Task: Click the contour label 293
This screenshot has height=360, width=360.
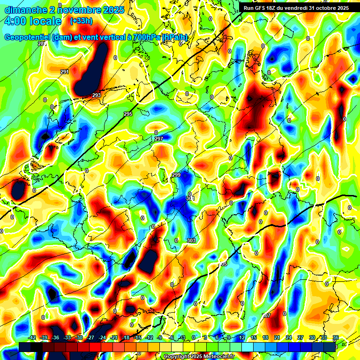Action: (x=97, y=95)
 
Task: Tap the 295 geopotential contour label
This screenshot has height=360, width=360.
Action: (x=128, y=114)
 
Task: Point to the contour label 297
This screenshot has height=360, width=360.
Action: (x=158, y=139)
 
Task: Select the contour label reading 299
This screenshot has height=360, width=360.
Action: (x=176, y=175)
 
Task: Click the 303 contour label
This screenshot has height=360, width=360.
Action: (x=191, y=240)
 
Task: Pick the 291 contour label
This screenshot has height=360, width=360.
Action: (x=65, y=72)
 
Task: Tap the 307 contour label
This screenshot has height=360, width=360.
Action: (x=266, y=315)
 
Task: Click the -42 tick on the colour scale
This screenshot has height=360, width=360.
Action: (x=32, y=337)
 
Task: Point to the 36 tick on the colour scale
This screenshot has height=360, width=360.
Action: (x=336, y=337)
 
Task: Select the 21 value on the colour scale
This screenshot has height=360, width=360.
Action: (x=277, y=337)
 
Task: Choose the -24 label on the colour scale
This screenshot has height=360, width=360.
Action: (x=102, y=337)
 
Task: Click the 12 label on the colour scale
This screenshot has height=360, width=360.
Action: (x=242, y=337)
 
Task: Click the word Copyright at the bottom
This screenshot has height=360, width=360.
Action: (x=178, y=356)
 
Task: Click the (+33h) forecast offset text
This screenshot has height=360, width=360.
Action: (x=81, y=21)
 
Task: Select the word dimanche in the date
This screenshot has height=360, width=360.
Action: (x=23, y=9)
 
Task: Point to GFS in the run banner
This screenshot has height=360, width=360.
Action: (x=262, y=8)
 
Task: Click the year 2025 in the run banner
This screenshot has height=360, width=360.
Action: (x=341, y=8)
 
